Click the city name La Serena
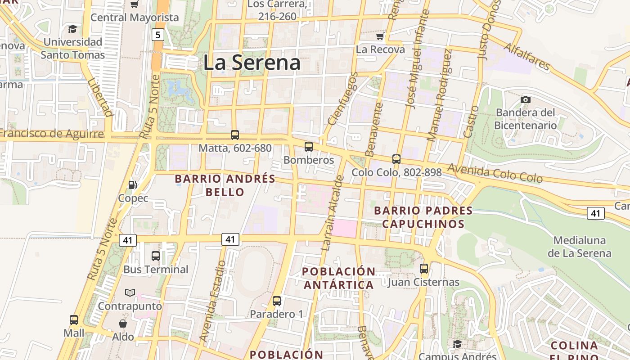point(252,63)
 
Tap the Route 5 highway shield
point(157,34)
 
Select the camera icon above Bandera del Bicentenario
point(525,99)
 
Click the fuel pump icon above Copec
point(132,184)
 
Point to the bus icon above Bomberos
point(308,146)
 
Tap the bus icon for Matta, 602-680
point(234,135)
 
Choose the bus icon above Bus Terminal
point(155,256)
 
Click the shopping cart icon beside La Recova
point(380,36)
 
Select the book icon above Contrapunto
point(130,292)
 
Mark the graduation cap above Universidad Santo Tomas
point(72,29)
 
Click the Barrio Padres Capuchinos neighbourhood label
point(423,217)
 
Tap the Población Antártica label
point(338,278)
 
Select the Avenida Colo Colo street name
point(495,173)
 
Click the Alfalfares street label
point(526,57)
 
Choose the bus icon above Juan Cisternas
point(423,269)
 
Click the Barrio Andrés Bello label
point(225,185)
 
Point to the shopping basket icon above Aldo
point(122,324)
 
